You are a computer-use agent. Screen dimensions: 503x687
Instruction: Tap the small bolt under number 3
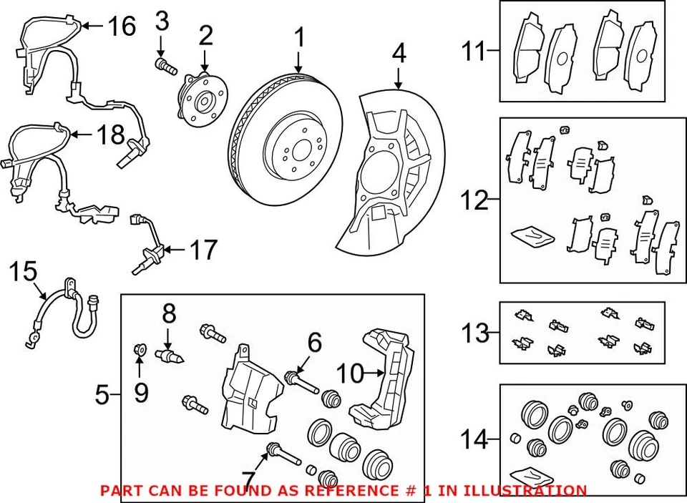(x=165, y=67)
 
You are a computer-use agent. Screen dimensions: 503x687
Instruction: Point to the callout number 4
(x=399, y=53)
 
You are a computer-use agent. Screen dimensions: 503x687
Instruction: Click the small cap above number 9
(x=140, y=350)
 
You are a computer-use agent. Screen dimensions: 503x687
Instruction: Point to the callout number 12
(x=474, y=200)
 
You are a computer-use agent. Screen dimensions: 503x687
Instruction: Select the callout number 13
(x=475, y=333)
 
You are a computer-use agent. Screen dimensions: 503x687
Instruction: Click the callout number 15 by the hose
(x=22, y=272)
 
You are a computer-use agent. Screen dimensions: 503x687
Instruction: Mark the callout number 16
(x=121, y=26)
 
